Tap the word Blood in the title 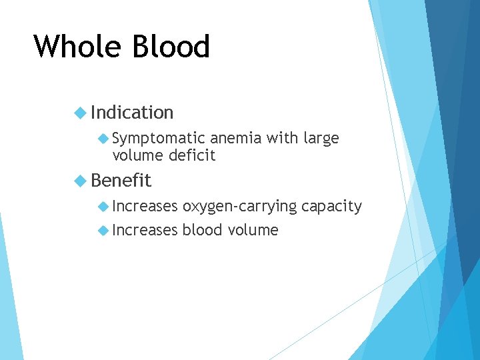[x=172, y=47]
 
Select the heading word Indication [x=132, y=113]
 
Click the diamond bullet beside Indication [x=81, y=113]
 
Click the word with [x=283, y=138]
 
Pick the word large [x=321, y=139]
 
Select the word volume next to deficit [x=138, y=155]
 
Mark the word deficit [x=192, y=155]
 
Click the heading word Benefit [x=121, y=181]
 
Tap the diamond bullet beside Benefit [x=81, y=181]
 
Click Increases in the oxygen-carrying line [x=145, y=206]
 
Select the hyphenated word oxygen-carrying [x=239, y=207]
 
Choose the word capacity [x=331, y=207]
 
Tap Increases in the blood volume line [x=145, y=230]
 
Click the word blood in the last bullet [x=202, y=230]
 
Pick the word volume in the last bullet [x=253, y=230]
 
